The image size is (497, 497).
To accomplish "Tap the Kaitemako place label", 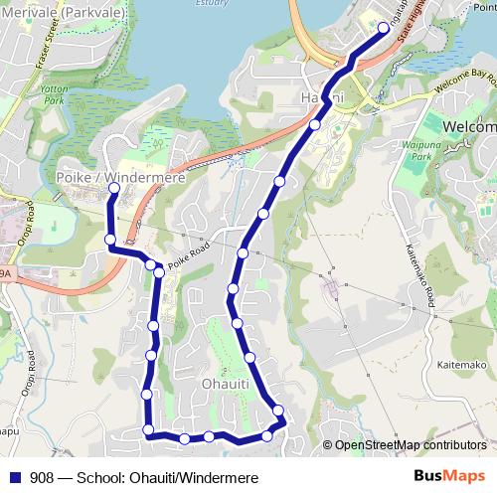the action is click(x=458, y=365).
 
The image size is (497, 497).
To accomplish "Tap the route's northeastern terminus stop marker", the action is click(x=384, y=28).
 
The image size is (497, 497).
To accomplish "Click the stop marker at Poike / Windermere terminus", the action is click(x=113, y=188).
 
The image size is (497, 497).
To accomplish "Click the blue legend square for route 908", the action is click(x=16, y=478).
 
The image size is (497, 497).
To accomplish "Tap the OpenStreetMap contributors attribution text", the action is click(x=409, y=444).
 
